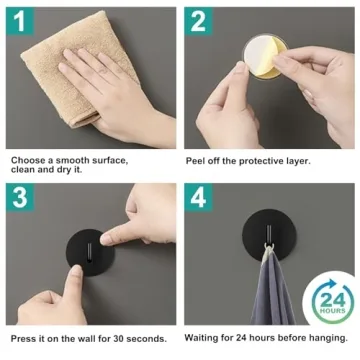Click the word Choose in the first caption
pyautogui.click(x=27, y=159)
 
